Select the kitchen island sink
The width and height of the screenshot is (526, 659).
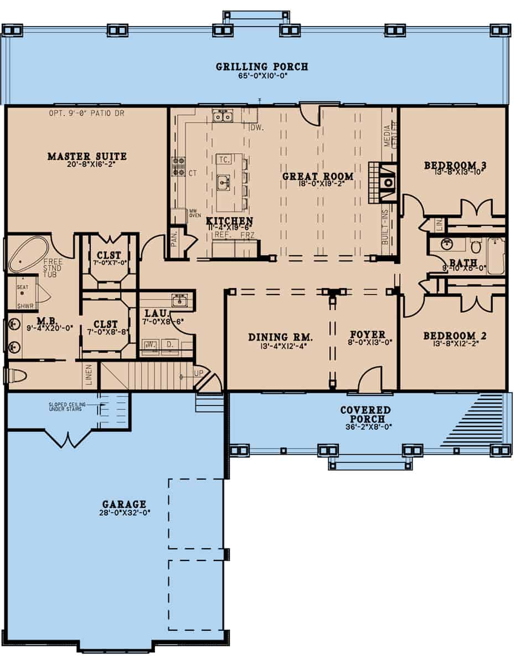224,182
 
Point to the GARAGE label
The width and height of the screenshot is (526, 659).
124,504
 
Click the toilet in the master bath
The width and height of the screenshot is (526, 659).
16,377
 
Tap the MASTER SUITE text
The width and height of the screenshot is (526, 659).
87,157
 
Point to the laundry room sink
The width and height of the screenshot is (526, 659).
179,301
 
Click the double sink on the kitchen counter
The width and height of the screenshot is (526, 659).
223,116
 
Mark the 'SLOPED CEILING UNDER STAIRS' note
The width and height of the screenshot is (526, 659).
67,407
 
